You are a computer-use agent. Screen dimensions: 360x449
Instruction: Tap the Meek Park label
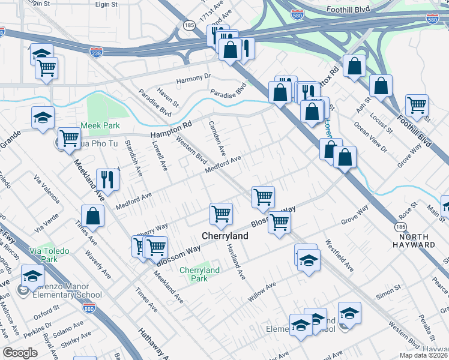(100, 126)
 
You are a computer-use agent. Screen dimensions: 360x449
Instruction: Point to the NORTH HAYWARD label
(415, 241)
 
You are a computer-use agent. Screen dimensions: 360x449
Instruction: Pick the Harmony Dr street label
(194, 77)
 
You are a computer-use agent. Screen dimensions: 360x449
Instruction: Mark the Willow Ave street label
(262, 290)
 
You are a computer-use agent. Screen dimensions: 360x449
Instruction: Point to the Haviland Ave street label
(235, 265)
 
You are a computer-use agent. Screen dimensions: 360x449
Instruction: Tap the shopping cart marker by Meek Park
(69, 138)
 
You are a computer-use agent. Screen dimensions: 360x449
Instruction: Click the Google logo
(20, 352)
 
